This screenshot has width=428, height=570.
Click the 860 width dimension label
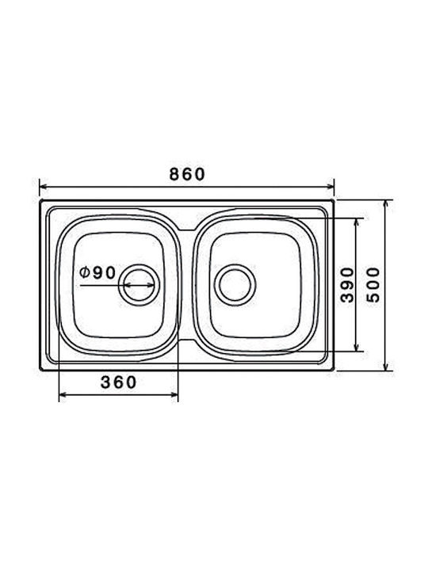pos(187,174)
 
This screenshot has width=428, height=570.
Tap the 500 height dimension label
pos(373,285)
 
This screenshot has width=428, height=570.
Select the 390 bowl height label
pos(347,285)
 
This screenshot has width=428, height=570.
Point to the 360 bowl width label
pos(119,382)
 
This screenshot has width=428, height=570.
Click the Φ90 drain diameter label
pos(98,272)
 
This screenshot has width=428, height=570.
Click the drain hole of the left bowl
pos(139,285)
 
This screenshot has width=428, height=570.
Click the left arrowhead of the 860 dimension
pos(43,187)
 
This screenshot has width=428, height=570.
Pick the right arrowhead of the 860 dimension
pos(331,187)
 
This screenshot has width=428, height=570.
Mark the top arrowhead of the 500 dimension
pos(387,203)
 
